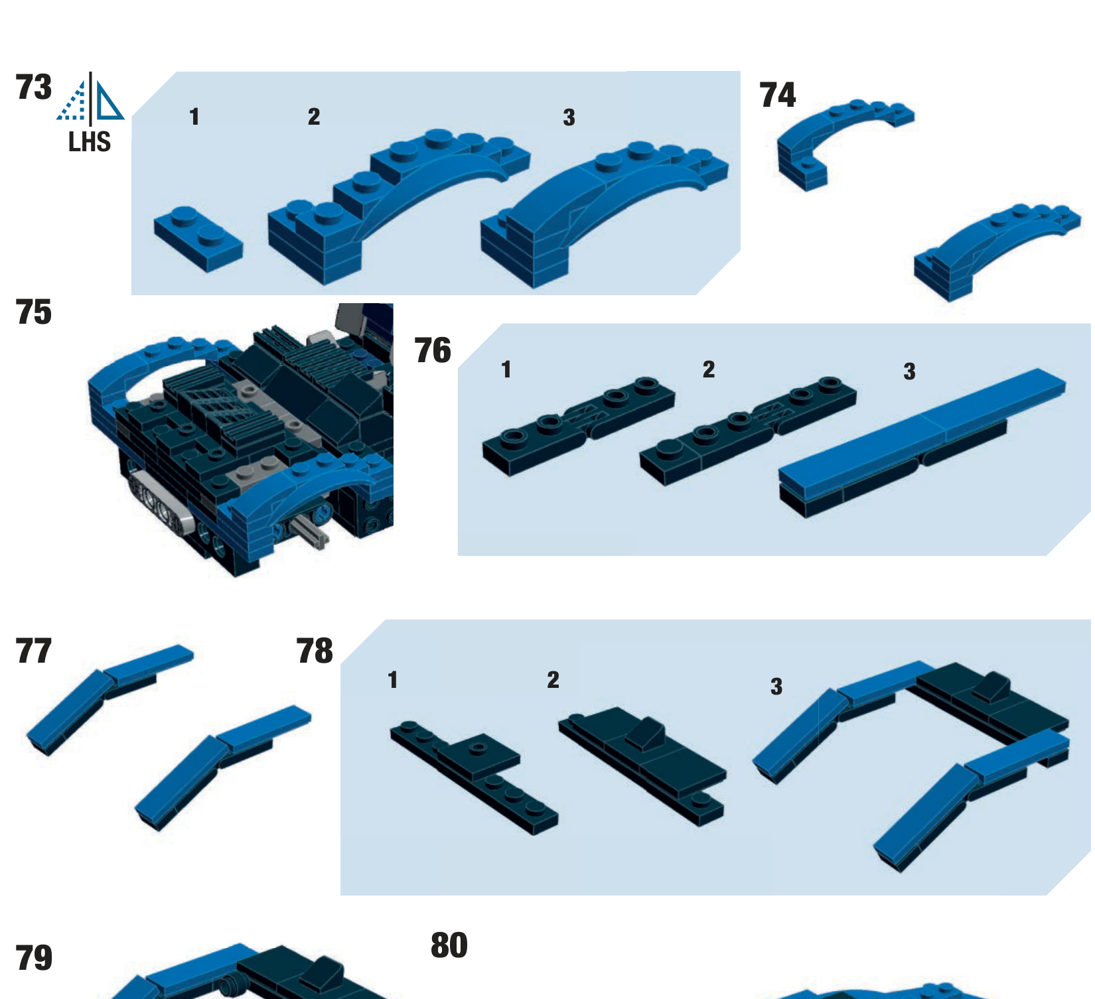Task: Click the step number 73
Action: click(33, 88)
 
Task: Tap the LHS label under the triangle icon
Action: click(90, 142)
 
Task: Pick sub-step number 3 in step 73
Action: click(569, 117)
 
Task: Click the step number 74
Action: click(777, 95)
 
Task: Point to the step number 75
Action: click(33, 312)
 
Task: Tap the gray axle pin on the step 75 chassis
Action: click(312, 531)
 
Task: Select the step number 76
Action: click(433, 350)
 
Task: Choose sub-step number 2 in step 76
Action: click(709, 369)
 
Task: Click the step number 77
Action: click(33, 651)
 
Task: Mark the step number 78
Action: click(315, 651)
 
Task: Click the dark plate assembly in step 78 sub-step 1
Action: click(475, 776)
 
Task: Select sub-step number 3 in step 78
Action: click(776, 686)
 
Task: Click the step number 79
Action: click(33, 958)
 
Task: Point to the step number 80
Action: click(449, 945)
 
